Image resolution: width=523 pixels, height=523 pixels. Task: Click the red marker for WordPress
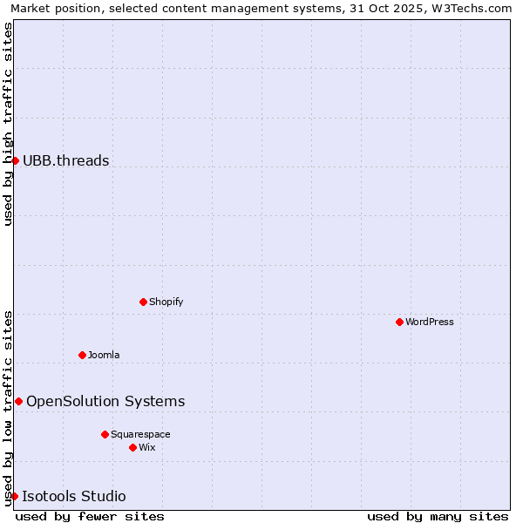399,322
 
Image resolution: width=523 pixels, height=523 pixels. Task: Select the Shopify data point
143,302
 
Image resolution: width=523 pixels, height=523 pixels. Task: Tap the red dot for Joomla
82,355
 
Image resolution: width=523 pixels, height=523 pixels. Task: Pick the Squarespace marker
105,434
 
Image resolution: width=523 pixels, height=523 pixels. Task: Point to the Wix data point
132,447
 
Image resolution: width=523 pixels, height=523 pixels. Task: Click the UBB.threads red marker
15,160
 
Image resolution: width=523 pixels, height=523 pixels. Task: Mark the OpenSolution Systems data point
18,401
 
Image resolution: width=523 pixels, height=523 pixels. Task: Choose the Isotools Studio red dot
14,496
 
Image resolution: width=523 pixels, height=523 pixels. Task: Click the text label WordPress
430,323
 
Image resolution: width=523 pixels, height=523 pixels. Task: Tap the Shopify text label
166,302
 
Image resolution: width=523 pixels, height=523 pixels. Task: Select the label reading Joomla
104,356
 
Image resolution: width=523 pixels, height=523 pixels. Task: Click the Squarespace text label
140,435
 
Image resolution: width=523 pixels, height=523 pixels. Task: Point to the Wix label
147,448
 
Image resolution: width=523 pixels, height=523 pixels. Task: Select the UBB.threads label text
66,160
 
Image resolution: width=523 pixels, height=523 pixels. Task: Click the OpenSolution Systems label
105,401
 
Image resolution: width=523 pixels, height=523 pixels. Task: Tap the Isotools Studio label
74,497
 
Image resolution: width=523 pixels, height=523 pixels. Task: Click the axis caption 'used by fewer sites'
90,517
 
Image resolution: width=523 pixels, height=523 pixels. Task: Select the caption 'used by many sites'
438,517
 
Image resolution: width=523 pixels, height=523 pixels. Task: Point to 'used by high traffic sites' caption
8,124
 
